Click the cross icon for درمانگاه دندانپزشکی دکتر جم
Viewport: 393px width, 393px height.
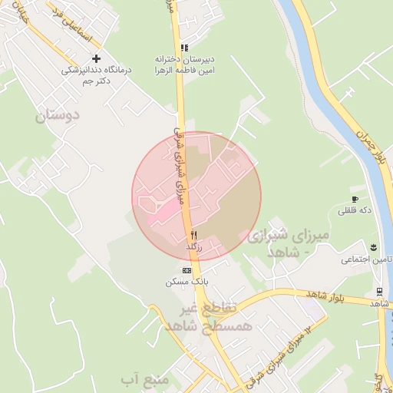(96, 58)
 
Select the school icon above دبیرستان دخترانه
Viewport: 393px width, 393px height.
(183, 48)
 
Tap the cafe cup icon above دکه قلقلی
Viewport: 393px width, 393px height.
(355, 190)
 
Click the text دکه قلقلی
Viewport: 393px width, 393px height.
(354, 209)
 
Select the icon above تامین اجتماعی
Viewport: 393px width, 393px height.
(373, 246)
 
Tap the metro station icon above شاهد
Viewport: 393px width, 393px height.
(380, 291)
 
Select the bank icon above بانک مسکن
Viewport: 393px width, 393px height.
(187, 270)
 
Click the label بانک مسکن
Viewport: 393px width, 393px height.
(187, 282)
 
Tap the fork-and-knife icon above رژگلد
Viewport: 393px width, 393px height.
(193, 235)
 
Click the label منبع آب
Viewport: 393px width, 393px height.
(138, 379)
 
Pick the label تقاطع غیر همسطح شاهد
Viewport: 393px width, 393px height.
(200, 317)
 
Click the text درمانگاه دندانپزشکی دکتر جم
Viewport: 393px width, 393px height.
(97, 74)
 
